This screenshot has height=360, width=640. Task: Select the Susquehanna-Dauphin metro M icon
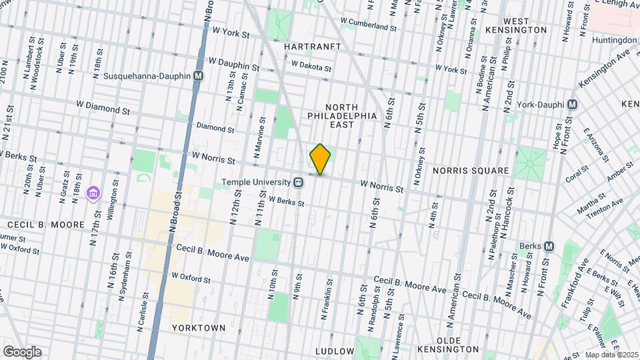click(198, 77)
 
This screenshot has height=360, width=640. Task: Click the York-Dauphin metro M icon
click(571, 105)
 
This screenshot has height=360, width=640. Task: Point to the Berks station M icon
click(549, 246)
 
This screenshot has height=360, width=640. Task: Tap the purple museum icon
click(93, 194)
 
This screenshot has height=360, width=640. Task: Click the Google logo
click(21, 352)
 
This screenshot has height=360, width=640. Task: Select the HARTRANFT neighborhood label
click(312, 47)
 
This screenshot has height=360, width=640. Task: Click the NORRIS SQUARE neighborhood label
click(471, 171)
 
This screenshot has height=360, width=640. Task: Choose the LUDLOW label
click(334, 351)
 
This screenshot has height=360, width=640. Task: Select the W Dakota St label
click(311, 65)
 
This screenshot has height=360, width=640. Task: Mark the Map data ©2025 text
click(611, 355)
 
